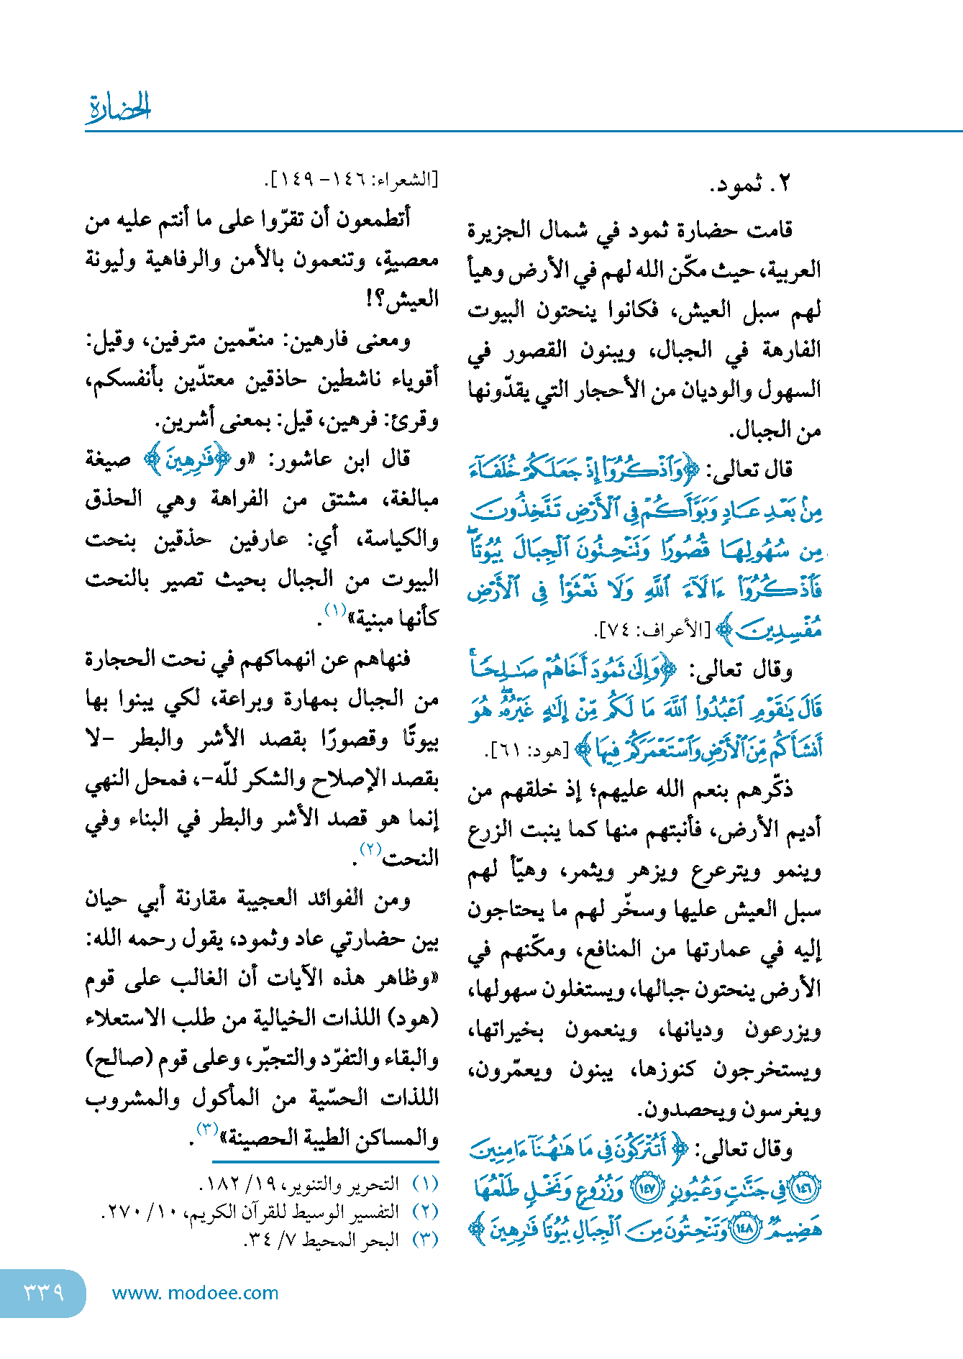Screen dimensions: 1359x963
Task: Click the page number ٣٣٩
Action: (43, 1292)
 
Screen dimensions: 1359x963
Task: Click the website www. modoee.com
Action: (195, 1293)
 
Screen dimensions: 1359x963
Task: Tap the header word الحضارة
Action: (119, 108)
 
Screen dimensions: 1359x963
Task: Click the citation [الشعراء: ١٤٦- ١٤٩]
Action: (352, 180)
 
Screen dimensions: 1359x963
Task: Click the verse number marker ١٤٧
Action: (646, 1189)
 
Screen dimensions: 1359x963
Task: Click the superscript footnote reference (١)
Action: (336, 610)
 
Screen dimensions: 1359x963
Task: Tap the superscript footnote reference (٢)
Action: (370, 849)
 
